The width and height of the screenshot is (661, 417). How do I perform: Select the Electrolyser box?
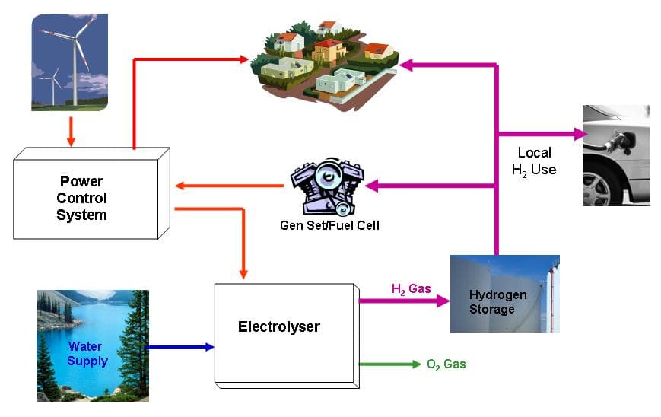click(x=279, y=328)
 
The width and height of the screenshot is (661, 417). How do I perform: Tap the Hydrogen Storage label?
click(x=491, y=302)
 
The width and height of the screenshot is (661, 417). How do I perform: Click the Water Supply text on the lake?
click(x=86, y=354)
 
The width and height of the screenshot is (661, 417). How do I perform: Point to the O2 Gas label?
click(x=446, y=364)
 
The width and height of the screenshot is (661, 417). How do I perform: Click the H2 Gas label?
click(x=411, y=288)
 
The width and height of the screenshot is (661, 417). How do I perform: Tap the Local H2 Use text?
click(x=533, y=161)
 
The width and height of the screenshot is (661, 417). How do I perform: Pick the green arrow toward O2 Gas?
click(x=388, y=364)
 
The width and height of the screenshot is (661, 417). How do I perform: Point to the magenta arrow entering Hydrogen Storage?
click(x=404, y=301)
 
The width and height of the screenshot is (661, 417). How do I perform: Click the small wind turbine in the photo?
click(x=53, y=82)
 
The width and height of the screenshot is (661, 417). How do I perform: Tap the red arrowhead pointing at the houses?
click(x=244, y=59)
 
